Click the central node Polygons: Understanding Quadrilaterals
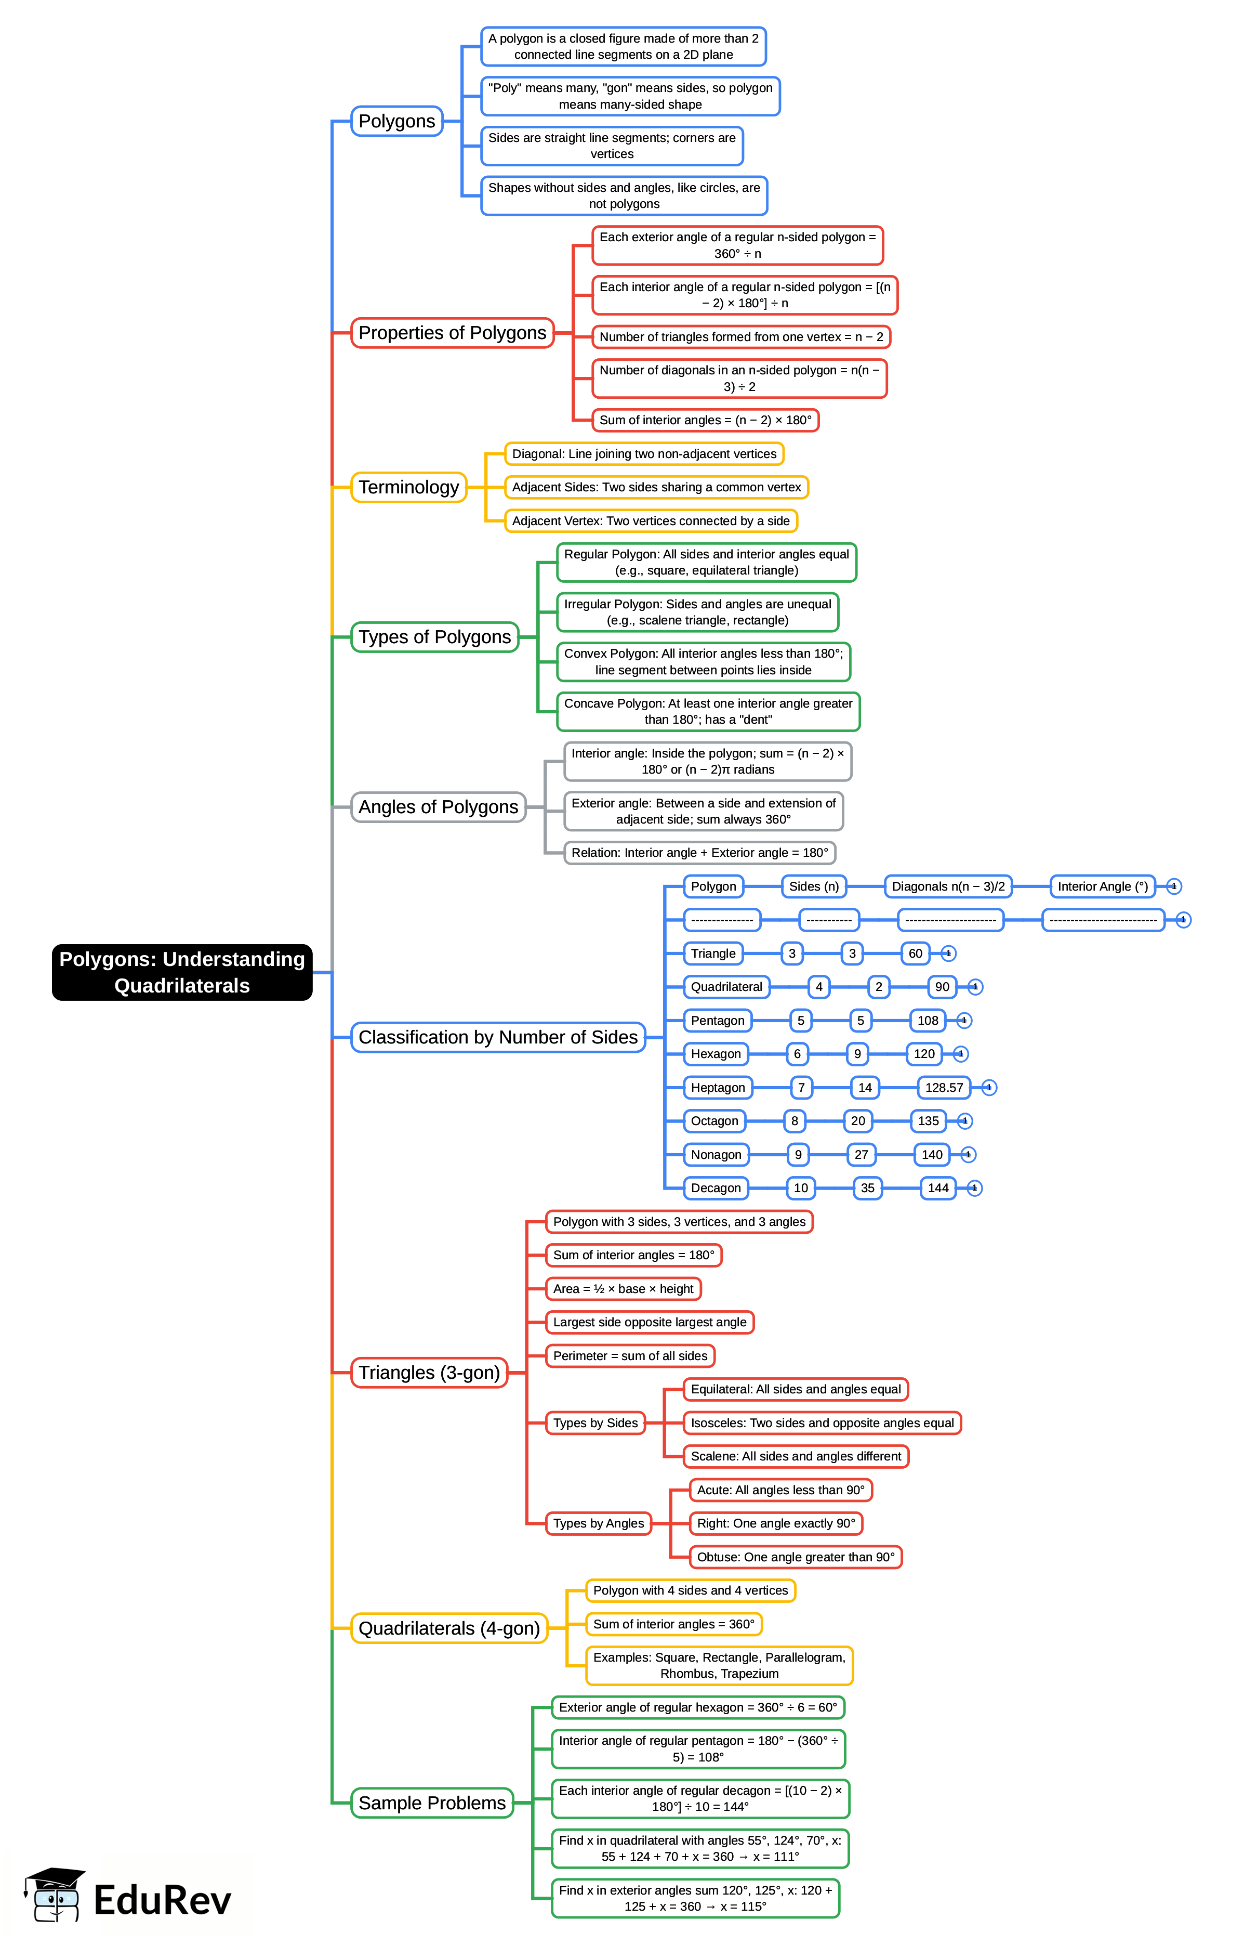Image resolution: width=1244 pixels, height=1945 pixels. point(182,972)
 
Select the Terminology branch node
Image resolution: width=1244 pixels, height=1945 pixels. point(409,487)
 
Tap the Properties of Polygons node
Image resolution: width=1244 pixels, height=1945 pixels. point(453,333)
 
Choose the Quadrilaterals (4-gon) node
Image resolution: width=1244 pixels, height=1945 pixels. point(449,1628)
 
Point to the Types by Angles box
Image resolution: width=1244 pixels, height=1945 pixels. point(599,1523)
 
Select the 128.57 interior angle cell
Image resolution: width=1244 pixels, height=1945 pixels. point(944,1088)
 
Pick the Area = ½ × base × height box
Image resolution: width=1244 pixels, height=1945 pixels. point(623,1289)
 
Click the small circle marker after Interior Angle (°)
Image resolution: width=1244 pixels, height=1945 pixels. point(1174,886)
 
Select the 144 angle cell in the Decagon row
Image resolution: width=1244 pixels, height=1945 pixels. point(938,1188)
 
